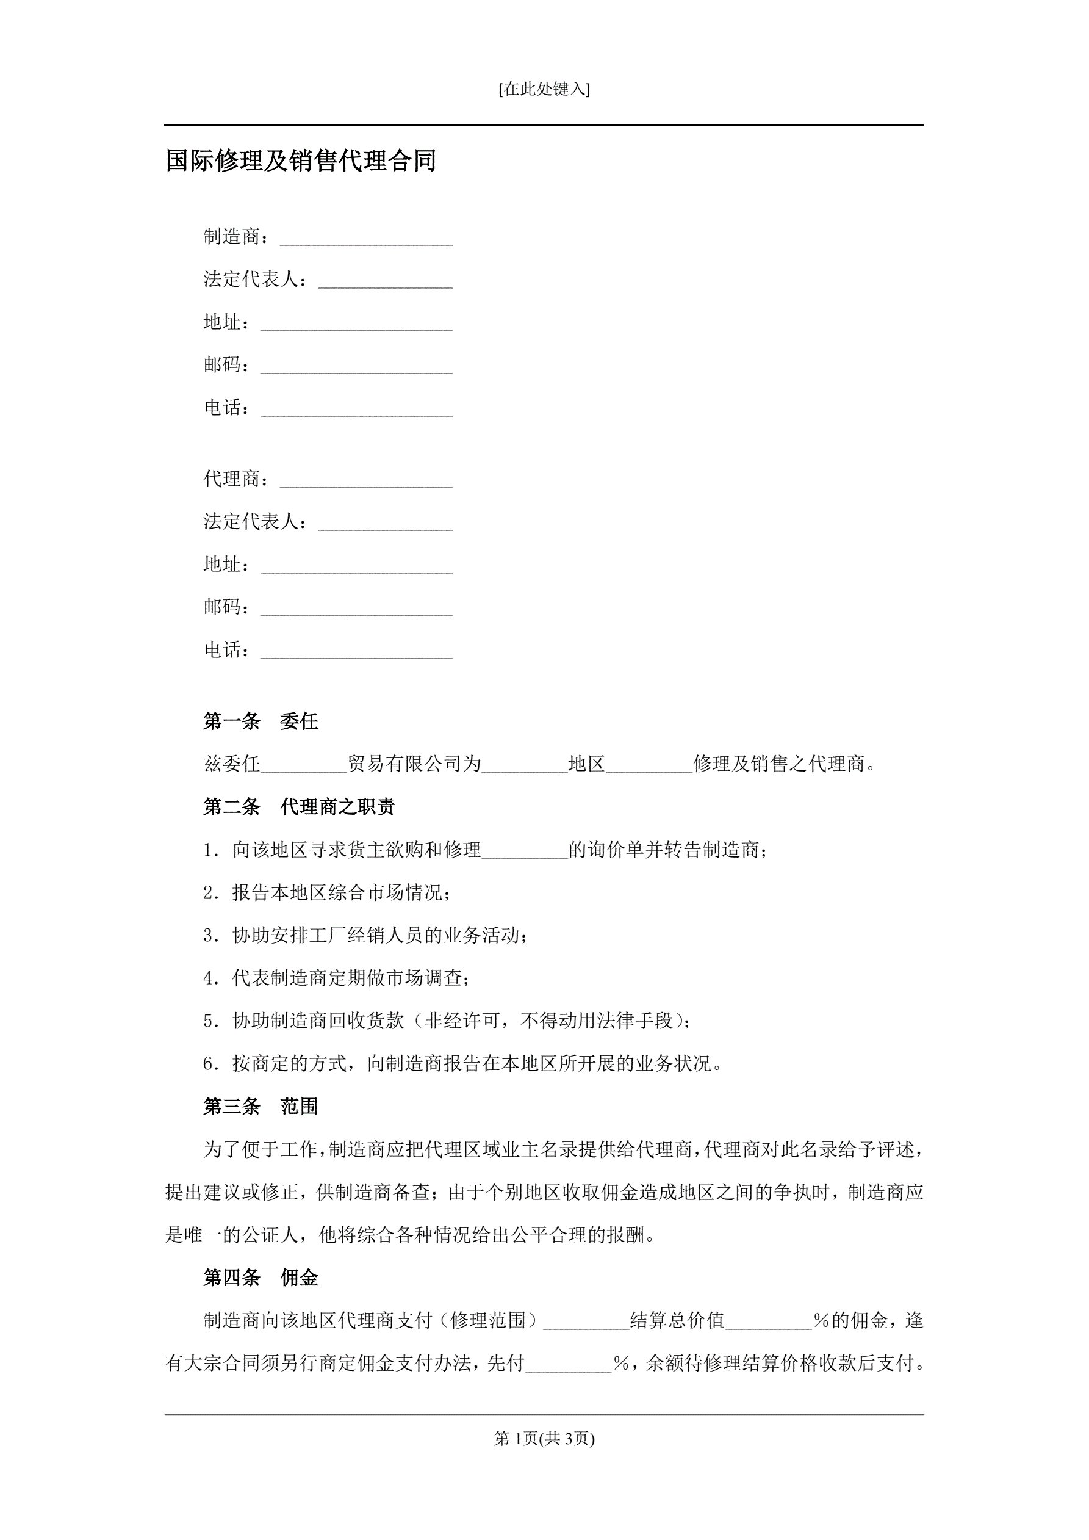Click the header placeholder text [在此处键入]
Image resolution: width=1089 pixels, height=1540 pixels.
coord(544,89)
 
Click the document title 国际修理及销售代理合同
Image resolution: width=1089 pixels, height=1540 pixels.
coord(301,161)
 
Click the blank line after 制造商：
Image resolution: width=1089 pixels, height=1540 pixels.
coord(366,239)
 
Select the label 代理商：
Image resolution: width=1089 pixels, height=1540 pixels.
coord(237,479)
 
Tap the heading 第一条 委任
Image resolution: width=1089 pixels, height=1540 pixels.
coord(261,721)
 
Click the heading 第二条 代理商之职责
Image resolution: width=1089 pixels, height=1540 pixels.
coord(299,807)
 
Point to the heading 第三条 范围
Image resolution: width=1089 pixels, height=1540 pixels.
coord(261,1107)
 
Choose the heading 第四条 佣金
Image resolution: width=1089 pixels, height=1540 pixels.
coord(261,1278)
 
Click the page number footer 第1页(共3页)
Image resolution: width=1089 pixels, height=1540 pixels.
coord(544,1439)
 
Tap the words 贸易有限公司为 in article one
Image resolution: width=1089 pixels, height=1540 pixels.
coord(414,764)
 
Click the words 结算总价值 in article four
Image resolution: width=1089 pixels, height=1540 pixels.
coord(677,1321)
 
